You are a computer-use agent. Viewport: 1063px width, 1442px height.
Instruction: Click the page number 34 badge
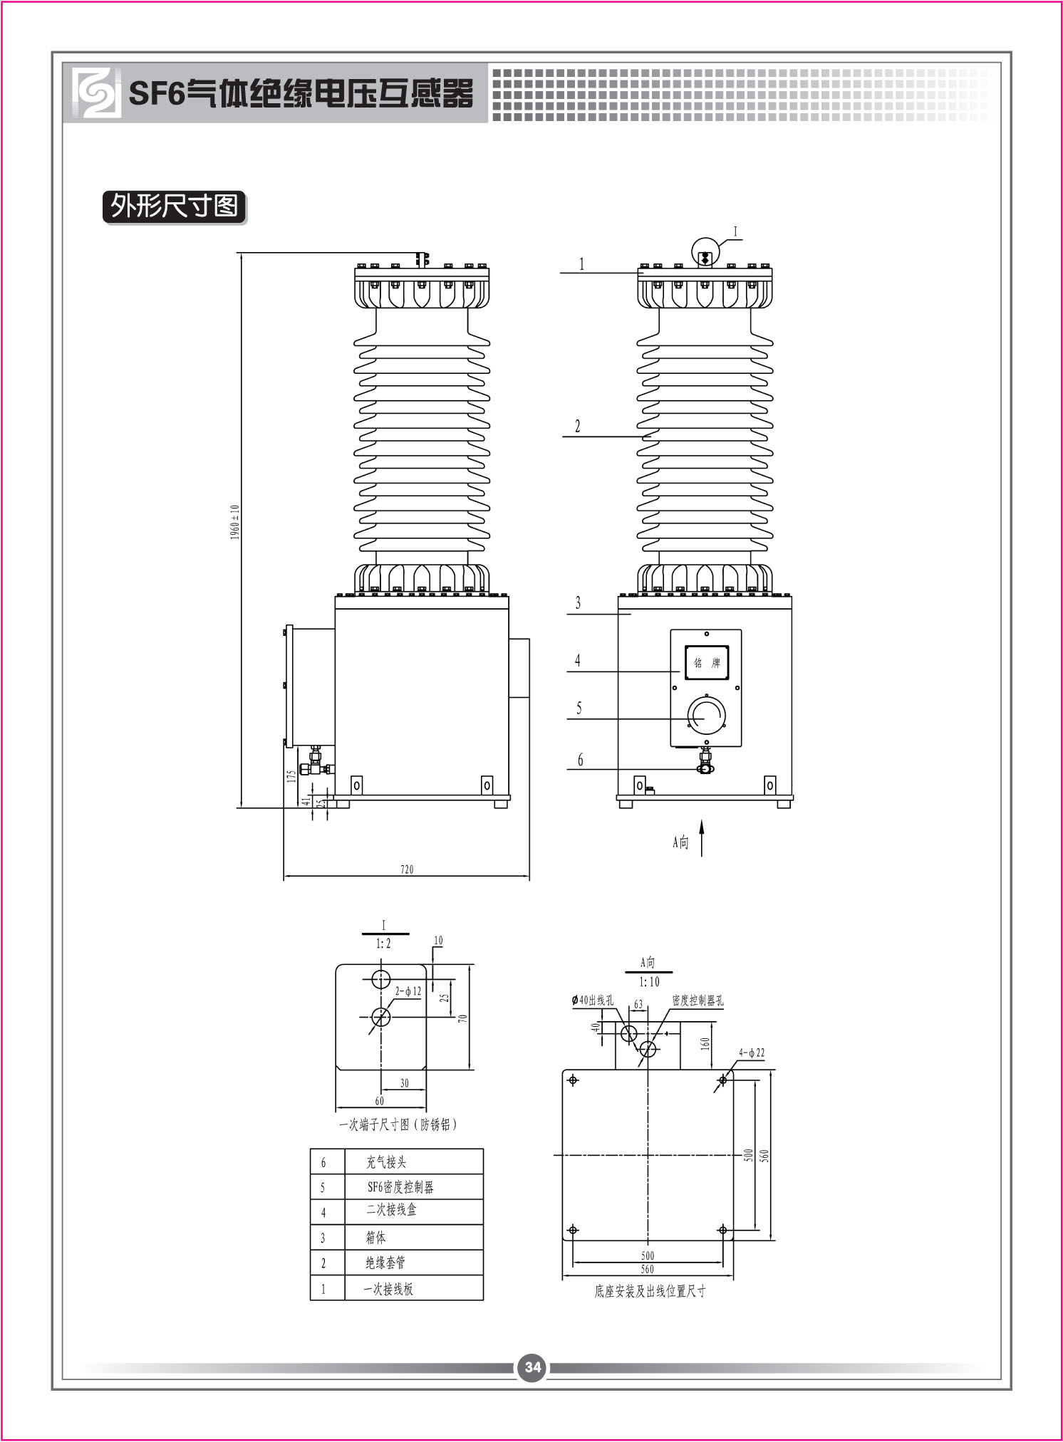[533, 1367]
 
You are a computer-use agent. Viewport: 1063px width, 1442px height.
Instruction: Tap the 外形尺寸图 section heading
[175, 207]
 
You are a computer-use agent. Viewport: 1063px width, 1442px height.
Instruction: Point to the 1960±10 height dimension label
[235, 522]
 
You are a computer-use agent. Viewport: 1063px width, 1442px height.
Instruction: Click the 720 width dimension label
[407, 869]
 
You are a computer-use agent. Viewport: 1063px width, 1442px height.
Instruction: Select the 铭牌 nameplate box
[707, 662]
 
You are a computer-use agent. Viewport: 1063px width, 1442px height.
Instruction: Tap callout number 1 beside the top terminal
[581, 263]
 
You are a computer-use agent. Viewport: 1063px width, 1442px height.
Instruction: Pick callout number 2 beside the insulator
[578, 426]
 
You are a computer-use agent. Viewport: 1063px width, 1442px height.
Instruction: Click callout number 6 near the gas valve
[580, 760]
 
